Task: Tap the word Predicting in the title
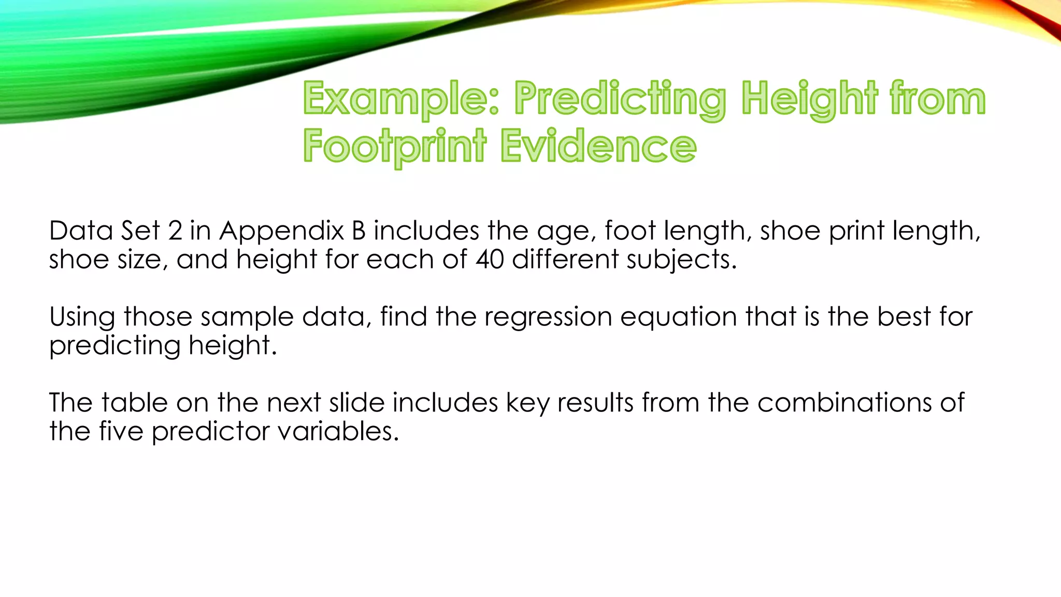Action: click(x=620, y=99)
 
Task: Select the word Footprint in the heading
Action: click(x=395, y=147)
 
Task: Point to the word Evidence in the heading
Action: click(x=598, y=147)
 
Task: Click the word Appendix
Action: click(x=281, y=231)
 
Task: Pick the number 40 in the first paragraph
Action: click(x=490, y=259)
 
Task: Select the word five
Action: click(x=121, y=431)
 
